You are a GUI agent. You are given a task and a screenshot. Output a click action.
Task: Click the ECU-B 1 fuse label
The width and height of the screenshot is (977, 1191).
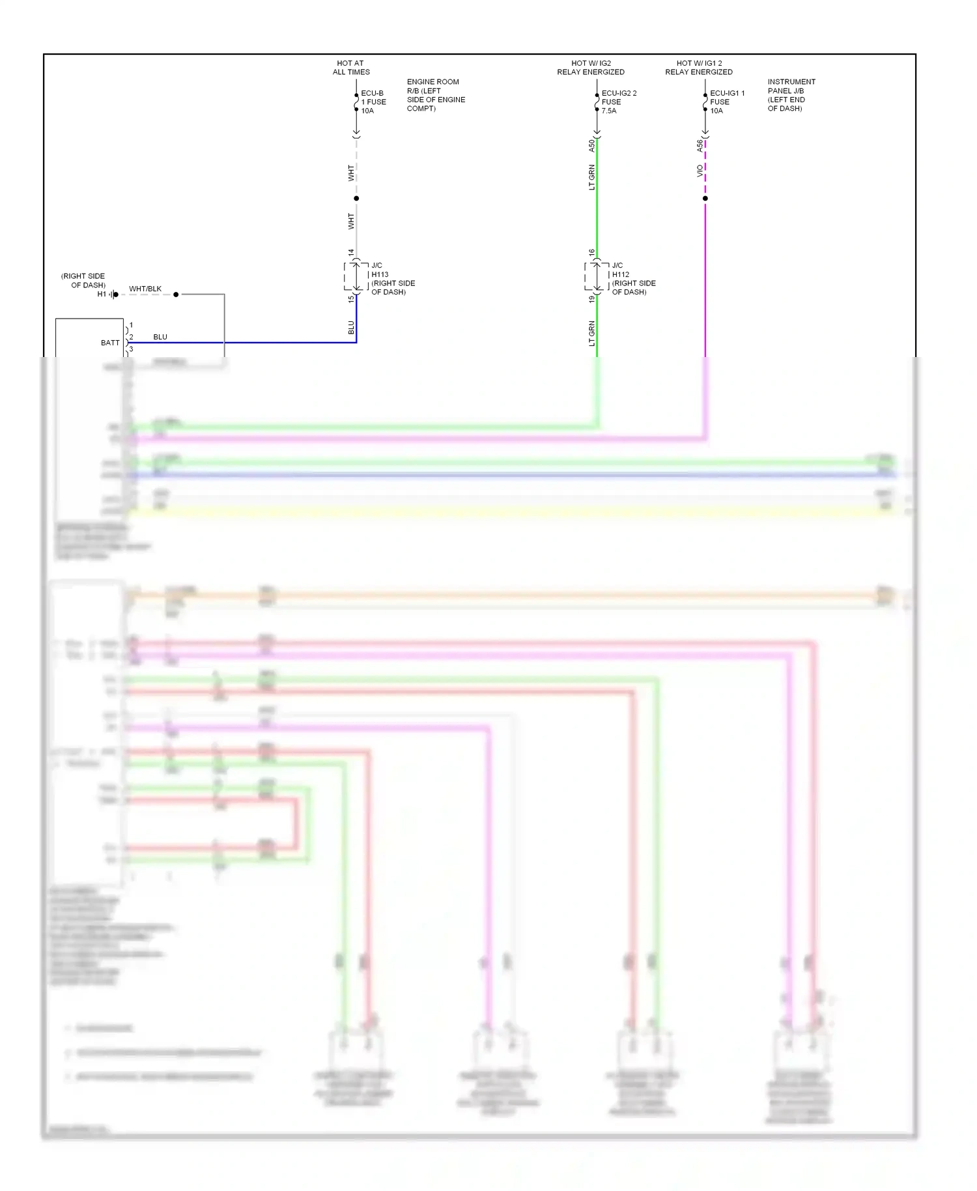point(373,102)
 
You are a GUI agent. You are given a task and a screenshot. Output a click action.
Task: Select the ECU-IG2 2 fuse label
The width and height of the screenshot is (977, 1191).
point(618,102)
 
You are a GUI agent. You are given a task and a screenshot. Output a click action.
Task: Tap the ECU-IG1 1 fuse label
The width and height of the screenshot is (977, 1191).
point(726,102)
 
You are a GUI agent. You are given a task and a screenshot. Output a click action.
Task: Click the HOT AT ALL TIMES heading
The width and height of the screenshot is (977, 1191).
point(351,68)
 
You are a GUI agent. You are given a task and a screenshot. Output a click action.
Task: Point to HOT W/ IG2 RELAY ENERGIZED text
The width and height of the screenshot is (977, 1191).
point(590,68)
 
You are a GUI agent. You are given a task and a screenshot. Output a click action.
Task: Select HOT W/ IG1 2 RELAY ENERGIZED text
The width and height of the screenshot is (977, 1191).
point(698,68)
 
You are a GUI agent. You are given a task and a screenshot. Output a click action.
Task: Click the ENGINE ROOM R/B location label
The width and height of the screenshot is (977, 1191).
point(435,95)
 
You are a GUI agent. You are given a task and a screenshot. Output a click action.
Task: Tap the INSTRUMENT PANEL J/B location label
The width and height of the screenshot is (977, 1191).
point(791,95)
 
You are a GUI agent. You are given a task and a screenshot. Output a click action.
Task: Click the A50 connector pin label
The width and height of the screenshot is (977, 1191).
point(591,146)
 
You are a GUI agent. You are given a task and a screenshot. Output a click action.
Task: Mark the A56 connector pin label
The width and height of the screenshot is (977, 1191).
point(700,146)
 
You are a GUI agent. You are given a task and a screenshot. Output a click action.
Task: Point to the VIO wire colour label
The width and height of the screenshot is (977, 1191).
point(700,171)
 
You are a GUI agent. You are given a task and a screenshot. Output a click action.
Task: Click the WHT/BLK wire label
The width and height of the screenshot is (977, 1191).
point(145,289)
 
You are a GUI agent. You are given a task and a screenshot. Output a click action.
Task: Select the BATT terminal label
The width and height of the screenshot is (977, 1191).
point(110,343)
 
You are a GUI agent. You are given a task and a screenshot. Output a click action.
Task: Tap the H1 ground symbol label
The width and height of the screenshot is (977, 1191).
point(102,294)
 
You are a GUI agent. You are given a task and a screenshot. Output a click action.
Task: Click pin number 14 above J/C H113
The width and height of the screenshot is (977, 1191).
point(350,252)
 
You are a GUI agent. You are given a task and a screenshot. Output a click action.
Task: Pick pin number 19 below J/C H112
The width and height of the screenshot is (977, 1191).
point(591,299)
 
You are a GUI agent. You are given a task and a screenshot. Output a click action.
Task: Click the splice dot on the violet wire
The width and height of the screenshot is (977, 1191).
point(705,198)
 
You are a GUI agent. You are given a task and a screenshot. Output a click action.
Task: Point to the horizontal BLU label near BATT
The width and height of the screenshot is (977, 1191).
point(160,337)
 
